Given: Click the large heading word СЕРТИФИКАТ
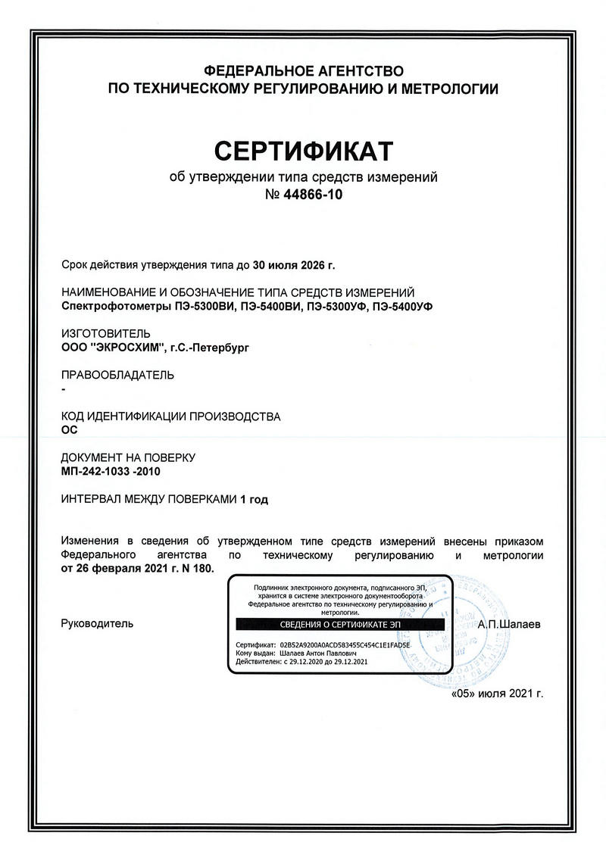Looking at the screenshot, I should coord(303,151).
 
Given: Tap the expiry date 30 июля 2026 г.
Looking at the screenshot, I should coord(292,265).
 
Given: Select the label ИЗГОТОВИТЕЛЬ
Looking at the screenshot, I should coord(105,333).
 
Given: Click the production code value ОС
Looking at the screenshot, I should coord(68,430).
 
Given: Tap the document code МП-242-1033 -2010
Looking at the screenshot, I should coord(111,472).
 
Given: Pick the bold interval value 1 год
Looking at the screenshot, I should coord(254,499).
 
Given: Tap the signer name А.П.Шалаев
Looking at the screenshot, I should coord(511,625).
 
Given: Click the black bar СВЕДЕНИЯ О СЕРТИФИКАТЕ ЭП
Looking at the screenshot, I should coord(341,625).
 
